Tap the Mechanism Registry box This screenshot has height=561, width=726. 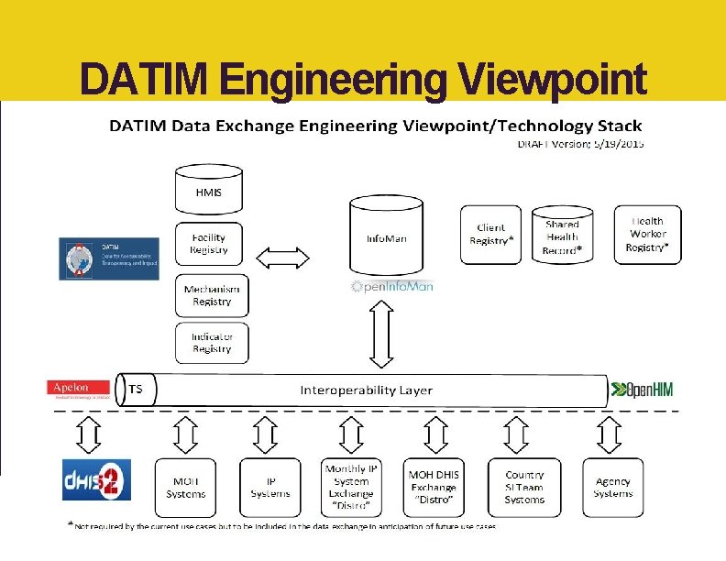[212, 296]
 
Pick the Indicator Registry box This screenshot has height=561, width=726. [212, 343]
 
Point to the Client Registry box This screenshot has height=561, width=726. [490, 235]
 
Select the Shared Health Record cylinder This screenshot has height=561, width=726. [562, 236]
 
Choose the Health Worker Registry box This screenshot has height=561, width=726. [647, 235]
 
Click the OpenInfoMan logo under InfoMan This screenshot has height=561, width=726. [392, 286]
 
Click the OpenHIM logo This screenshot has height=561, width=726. [643, 390]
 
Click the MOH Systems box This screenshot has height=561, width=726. [186, 488]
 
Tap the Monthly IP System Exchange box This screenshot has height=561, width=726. [352, 488]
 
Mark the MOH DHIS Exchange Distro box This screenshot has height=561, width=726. [434, 488]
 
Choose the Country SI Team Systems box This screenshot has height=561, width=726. [524, 488]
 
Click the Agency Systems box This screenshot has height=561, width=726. [613, 488]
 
